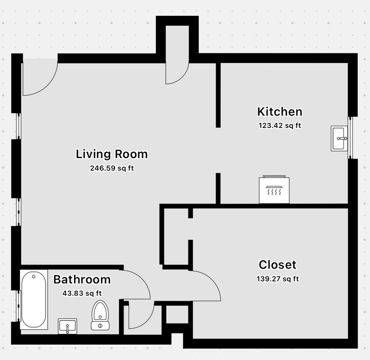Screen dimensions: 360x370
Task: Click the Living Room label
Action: point(112,154)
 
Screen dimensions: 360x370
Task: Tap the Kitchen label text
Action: point(279,111)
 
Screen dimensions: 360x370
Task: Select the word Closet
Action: point(277,264)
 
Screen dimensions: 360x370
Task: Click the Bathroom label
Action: point(82,280)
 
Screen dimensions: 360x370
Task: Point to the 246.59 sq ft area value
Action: point(112,168)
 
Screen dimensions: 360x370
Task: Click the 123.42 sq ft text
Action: point(279,126)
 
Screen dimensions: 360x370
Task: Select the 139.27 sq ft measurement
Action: point(277,279)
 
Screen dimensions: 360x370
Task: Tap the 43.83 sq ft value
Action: point(82,293)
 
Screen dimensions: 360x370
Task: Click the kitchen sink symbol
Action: point(340,138)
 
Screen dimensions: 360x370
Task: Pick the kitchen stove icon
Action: point(274,189)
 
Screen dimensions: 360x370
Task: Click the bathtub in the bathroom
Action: point(35,300)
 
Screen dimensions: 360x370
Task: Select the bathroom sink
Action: point(68,327)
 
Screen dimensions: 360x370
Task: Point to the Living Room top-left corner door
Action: point(39,78)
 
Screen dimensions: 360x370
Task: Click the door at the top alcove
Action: point(177,72)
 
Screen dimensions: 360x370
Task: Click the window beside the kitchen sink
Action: point(352,138)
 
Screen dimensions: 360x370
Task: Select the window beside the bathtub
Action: point(19,308)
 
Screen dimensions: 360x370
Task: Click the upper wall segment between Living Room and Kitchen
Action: point(218,94)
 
